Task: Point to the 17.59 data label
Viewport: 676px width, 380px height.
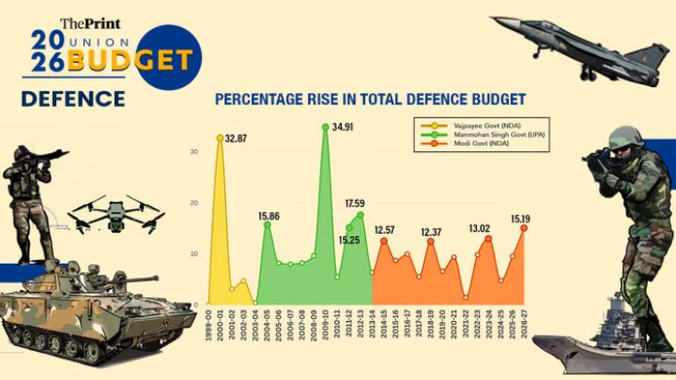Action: pyautogui.click(x=358, y=203)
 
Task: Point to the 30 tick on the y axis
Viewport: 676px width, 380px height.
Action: pyautogui.click(x=192, y=152)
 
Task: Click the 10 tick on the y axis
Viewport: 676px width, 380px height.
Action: pyautogui.click(x=192, y=254)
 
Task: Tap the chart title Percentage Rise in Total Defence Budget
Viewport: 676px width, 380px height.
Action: pyautogui.click(x=369, y=99)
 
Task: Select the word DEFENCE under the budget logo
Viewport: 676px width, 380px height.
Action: pyautogui.click(x=74, y=97)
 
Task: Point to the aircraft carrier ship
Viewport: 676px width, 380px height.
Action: pyautogui.click(x=601, y=347)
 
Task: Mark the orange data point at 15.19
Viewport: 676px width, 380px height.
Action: pyautogui.click(x=524, y=228)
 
